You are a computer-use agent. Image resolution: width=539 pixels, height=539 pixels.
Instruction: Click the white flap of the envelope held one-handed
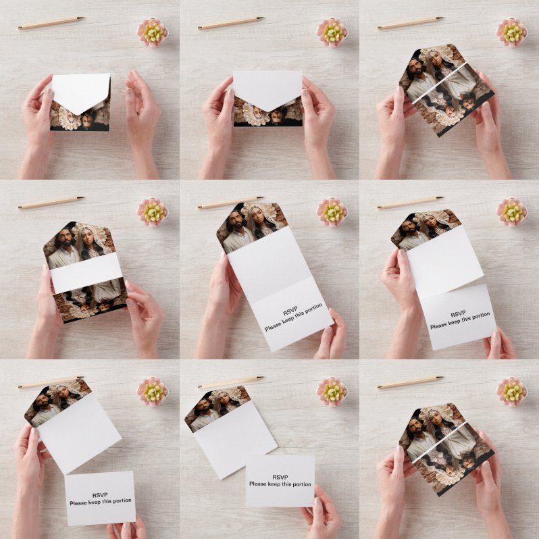(x=82, y=91)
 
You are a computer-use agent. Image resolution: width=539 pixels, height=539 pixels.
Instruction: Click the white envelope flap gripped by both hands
(x=267, y=88)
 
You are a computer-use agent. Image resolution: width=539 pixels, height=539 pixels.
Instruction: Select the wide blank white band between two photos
(x=86, y=272)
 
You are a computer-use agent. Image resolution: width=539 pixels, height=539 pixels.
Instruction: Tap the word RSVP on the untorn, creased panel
(x=290, y=312)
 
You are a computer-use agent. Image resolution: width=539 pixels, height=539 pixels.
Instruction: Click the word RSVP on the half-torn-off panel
(x=458, y=313)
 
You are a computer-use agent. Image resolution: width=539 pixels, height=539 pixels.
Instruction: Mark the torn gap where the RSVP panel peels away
(x=451, y=290)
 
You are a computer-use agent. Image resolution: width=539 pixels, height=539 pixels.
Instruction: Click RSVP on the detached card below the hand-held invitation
(x=100, y=495)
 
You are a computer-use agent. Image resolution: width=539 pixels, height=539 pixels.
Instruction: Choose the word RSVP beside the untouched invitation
(x=280, y=477)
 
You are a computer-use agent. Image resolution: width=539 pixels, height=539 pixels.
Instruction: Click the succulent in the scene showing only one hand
(x=332, y=392)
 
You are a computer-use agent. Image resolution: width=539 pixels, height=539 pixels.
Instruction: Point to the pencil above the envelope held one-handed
(x=51, y=23)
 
